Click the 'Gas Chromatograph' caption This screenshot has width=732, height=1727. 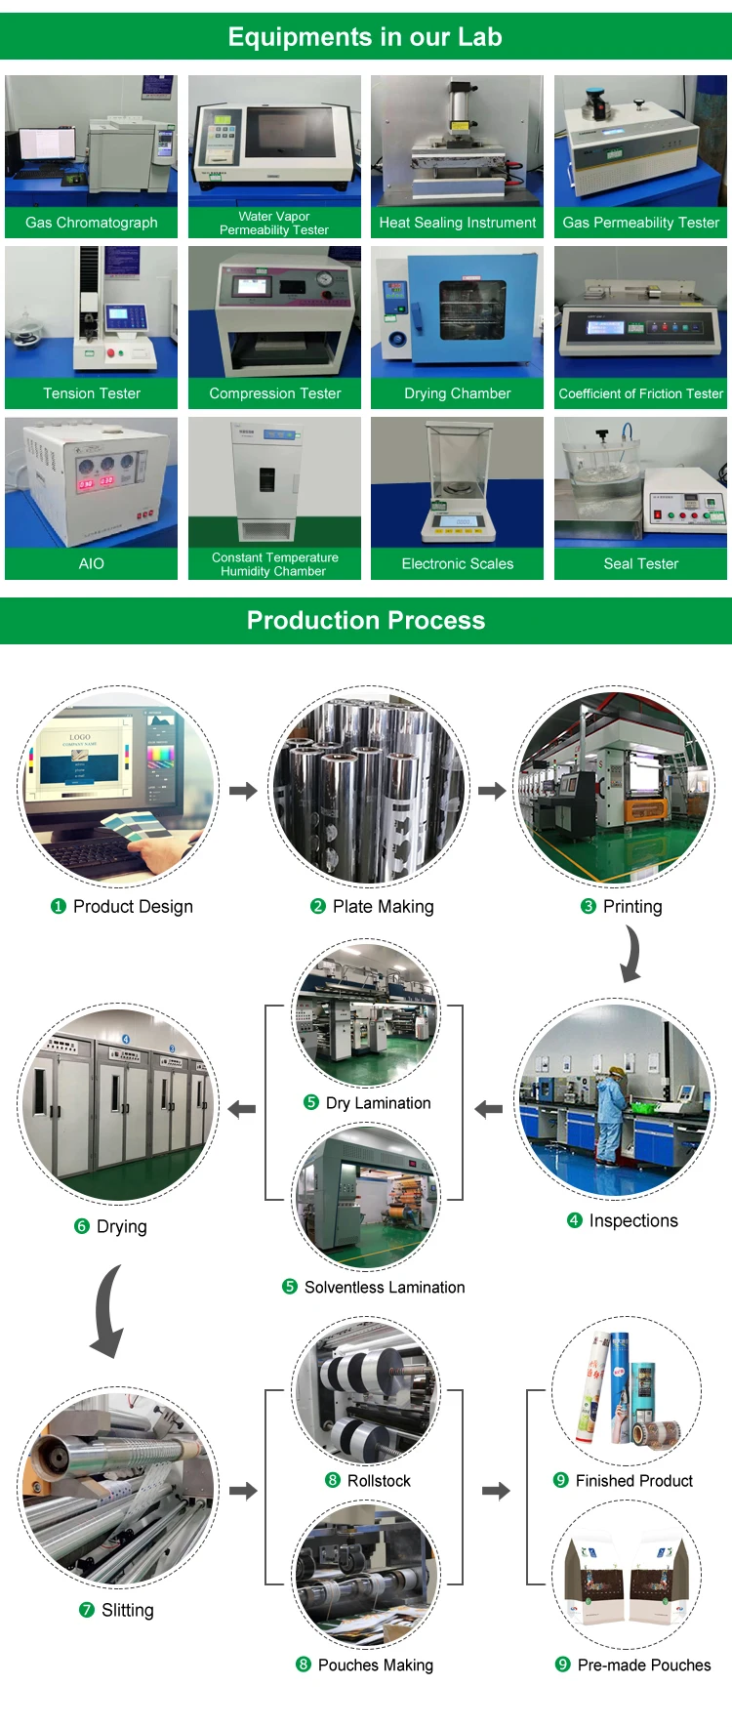pyautogui.click(x=91, y=223)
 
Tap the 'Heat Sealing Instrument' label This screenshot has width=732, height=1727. pyautogui.click(x=457, y=223)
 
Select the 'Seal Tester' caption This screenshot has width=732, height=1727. pyautogui.click(x=640, y=563)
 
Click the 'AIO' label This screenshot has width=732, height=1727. pyautogui.click(x=91, y=563)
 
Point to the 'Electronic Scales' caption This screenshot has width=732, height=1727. pyautogui.click(x=457, y=563)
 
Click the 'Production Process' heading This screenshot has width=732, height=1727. pyautogui.click(x=366, y=620)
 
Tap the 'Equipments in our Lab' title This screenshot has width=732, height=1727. pyautogui.click(x=365, y=37)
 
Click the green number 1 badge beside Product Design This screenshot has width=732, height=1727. pyautogui.click(x=59, y=906)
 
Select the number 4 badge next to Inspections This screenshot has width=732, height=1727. pyautogui.click(x=574, y=1220)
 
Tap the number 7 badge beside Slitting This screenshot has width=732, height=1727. pyautogui.click(x=87, y=1610)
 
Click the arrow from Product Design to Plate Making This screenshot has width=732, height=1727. pyautogui.click(x=243, y=790)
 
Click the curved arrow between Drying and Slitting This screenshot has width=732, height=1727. pyautogui.click(x=108, y=1310)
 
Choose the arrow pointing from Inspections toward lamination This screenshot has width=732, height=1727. pyautogui.click(x=488, y=1109)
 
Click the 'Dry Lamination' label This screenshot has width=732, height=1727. pyautogui.click(x=378, y=1103)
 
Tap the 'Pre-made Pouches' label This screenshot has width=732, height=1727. pyautogui.click(x=644, y=1665)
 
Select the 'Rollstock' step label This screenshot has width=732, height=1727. pyautogui.click(x=379, y=1481)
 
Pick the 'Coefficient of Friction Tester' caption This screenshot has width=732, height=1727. pyautogui.click(x=640, y=393)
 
